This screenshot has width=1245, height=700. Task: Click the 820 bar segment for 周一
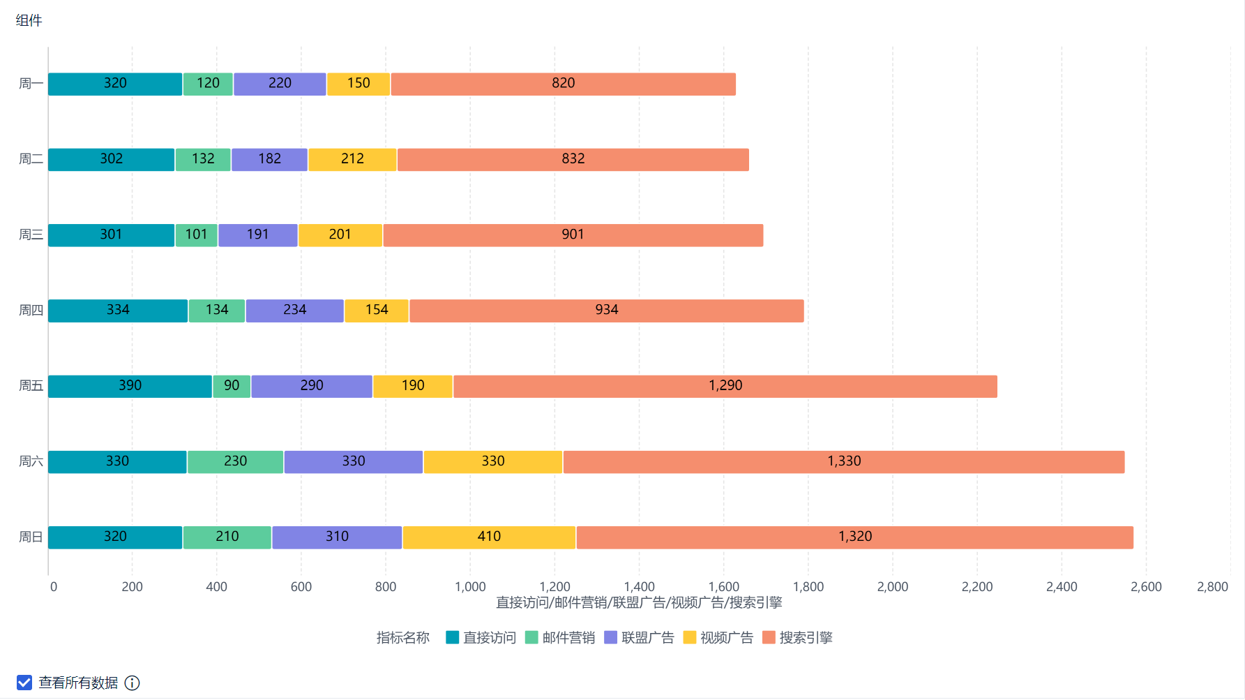click(563, 84)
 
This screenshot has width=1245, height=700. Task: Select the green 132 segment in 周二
click(203, 159)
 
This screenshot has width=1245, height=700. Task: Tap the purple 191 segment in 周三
click(257, 235)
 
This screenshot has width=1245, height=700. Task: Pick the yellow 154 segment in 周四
click(377, 311)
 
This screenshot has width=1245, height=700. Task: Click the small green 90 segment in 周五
click(232, 386)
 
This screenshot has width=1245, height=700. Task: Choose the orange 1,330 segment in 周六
click(844, 462)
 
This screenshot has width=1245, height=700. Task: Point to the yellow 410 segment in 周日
click(489, 537)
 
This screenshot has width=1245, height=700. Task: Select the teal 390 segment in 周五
click(130, 386)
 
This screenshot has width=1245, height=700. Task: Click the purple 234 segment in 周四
click(294, 311)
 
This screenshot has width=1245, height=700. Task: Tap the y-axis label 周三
click(31, 235)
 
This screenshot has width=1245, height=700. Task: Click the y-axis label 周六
click(31, 462)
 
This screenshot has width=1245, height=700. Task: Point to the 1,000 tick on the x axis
click(470, 587)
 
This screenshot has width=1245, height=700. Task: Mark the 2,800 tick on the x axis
click(1212, 587)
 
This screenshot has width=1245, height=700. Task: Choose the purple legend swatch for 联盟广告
click(611, 638)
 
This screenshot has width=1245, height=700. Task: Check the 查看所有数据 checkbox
click(24, 683)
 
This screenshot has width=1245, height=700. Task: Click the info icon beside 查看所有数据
click(132, 683)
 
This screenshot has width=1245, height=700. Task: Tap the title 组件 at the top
click(29, 21)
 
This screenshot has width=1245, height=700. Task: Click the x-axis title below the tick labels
click(639, 603)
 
